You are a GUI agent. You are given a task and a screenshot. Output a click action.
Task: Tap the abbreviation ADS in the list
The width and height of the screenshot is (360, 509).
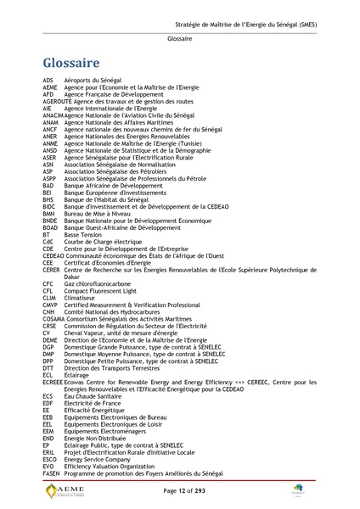coord(48,80)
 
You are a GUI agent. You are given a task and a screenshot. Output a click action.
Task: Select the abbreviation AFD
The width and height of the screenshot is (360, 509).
coord(48,94)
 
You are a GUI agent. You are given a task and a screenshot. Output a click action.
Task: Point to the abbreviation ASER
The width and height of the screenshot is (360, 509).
coord(49,157)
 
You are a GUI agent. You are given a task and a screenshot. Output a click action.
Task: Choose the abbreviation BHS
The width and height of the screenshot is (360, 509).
coord(48,199)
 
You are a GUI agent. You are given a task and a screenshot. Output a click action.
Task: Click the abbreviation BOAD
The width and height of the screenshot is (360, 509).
coord(50,227)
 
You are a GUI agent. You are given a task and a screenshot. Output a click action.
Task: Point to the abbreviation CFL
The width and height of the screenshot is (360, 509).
coord(48,290)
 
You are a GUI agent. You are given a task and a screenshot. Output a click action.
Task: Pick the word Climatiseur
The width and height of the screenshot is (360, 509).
coord(82,297)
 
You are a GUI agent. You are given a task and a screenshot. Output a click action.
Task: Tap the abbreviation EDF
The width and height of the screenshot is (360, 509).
coord(48,403)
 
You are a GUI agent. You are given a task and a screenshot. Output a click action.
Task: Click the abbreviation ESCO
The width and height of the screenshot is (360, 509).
coord(49,459)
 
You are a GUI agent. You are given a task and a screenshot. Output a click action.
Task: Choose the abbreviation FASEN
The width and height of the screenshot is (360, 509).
coord(51,473)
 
